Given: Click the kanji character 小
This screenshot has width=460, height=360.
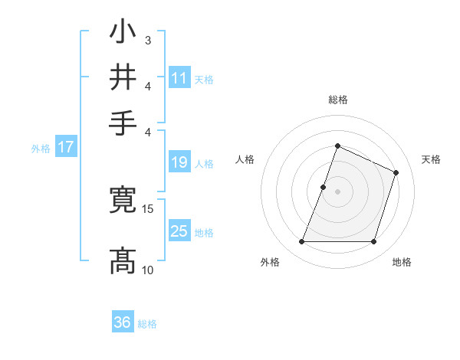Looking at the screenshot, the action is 123,32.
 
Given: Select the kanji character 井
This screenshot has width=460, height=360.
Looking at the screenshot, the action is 123,77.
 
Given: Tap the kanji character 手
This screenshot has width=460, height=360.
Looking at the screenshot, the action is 123,123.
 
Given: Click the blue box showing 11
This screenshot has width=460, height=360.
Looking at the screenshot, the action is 179,78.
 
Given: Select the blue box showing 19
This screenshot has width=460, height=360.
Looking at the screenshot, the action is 179,162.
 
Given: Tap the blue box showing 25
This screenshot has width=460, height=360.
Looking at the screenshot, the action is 179,231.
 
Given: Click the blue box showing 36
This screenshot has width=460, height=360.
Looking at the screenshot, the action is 123,322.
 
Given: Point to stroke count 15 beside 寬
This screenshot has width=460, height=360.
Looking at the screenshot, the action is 148,208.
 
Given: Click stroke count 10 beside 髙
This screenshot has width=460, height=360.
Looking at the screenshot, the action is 148,270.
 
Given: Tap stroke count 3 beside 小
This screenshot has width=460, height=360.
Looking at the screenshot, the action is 147,40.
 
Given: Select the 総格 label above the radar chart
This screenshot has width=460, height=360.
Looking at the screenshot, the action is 337,100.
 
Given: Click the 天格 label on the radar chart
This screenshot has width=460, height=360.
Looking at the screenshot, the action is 431,159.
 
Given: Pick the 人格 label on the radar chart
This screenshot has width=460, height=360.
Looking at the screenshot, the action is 245,159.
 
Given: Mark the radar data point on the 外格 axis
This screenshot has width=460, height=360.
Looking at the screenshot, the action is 301,242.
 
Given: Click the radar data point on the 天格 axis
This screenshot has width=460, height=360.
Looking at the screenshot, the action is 396,172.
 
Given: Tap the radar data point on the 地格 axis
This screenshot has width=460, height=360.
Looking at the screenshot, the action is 374,242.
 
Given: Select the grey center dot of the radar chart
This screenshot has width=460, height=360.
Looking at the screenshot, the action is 337,191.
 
